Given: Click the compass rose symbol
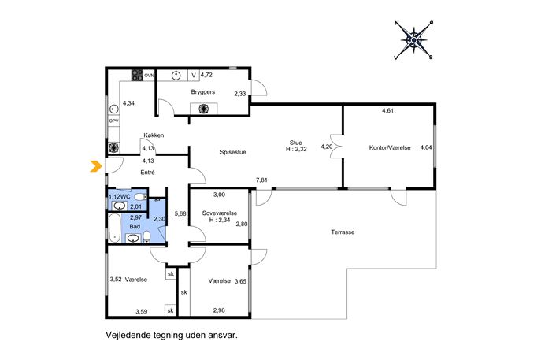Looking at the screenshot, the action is [x=413, y=40].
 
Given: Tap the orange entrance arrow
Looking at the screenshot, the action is [x=95, y=166].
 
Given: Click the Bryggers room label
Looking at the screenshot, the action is [x=203, y=92].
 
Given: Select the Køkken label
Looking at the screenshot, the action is [x=154, y=135].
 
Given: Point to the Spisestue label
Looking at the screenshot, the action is [x=233, y=152].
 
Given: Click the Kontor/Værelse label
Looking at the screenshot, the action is [x=390, y=147].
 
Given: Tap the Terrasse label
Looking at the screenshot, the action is [x=343, y=232].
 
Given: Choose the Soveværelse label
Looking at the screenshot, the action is [x=220, y=213].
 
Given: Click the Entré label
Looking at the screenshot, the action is [x=147, y=173].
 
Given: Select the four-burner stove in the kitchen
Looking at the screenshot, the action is [x=137, y=76].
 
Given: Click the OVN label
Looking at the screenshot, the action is [x=149, y=76].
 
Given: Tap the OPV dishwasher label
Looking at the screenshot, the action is [x=113, y=121].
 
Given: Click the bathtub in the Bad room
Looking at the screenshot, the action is [x=114, y=228].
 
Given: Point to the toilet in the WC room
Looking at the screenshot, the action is [x=140, y=197].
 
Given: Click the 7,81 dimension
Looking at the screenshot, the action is [x=261, y=180].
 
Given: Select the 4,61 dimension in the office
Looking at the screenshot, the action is [x=387, y=111].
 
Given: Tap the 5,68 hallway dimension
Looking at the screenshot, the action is [x=180, y=213].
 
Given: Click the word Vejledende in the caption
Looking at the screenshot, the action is [x=126, y=335].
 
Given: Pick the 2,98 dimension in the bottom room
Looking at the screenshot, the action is [x=219, y=310].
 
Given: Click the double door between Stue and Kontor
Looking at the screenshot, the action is [x=335, y=147].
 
